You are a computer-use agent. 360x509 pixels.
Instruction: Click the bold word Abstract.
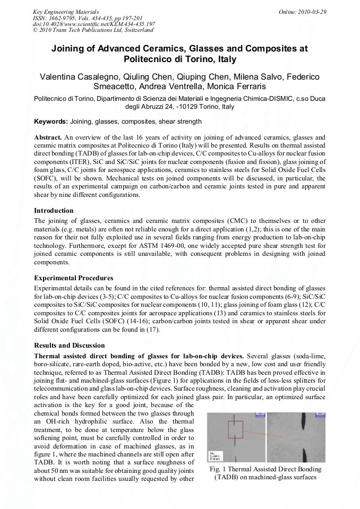(48, 137)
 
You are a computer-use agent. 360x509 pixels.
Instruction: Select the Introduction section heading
(54, 211)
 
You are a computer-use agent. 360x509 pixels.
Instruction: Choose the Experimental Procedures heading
(73, 278)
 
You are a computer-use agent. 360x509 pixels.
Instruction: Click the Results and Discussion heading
(70, 345)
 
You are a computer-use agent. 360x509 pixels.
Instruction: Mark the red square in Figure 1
(235, 430)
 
